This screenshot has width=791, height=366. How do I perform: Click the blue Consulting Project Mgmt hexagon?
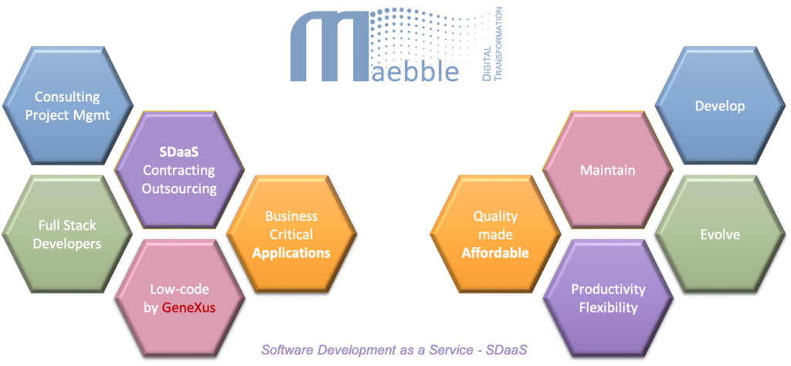pyautogui.click(x=67, y=106)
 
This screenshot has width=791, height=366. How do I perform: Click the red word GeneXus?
pyautogui.click(x=188, y=307)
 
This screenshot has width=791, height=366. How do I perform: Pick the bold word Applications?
pyautogui.click(x=291, y=252)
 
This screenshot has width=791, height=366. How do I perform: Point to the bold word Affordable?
pyautogui.click(x=495, y=252)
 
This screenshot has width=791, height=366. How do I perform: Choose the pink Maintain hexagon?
pyautogui.click(x=607, y=170)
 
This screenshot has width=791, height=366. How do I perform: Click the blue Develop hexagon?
pyautogui.click(x=719, y=106)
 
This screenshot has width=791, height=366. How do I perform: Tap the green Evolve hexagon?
pyautogui.click(x=719, y=234)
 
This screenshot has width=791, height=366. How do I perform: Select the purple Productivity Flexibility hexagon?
pyautogui.click(x=608, y=299)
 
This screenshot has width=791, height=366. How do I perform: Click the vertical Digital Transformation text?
pyautogui.click(x=492, y=43)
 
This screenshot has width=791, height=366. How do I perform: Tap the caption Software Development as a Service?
pyautogui.click(x=394, y=350)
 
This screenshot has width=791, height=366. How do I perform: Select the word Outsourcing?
pyautogui.click(x=179, y=188)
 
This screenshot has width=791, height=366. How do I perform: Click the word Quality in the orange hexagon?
pyautogui.click(x=495, y=217)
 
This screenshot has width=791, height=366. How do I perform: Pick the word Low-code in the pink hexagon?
pyautogui.click(x=178, y=290)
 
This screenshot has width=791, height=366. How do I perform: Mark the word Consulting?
pyautogui.click(x=67, y=97)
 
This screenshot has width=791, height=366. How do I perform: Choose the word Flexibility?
pyautogui.click(x=608, y=307)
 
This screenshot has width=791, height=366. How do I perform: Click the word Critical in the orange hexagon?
pyautogui.click(x=291, y=234)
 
